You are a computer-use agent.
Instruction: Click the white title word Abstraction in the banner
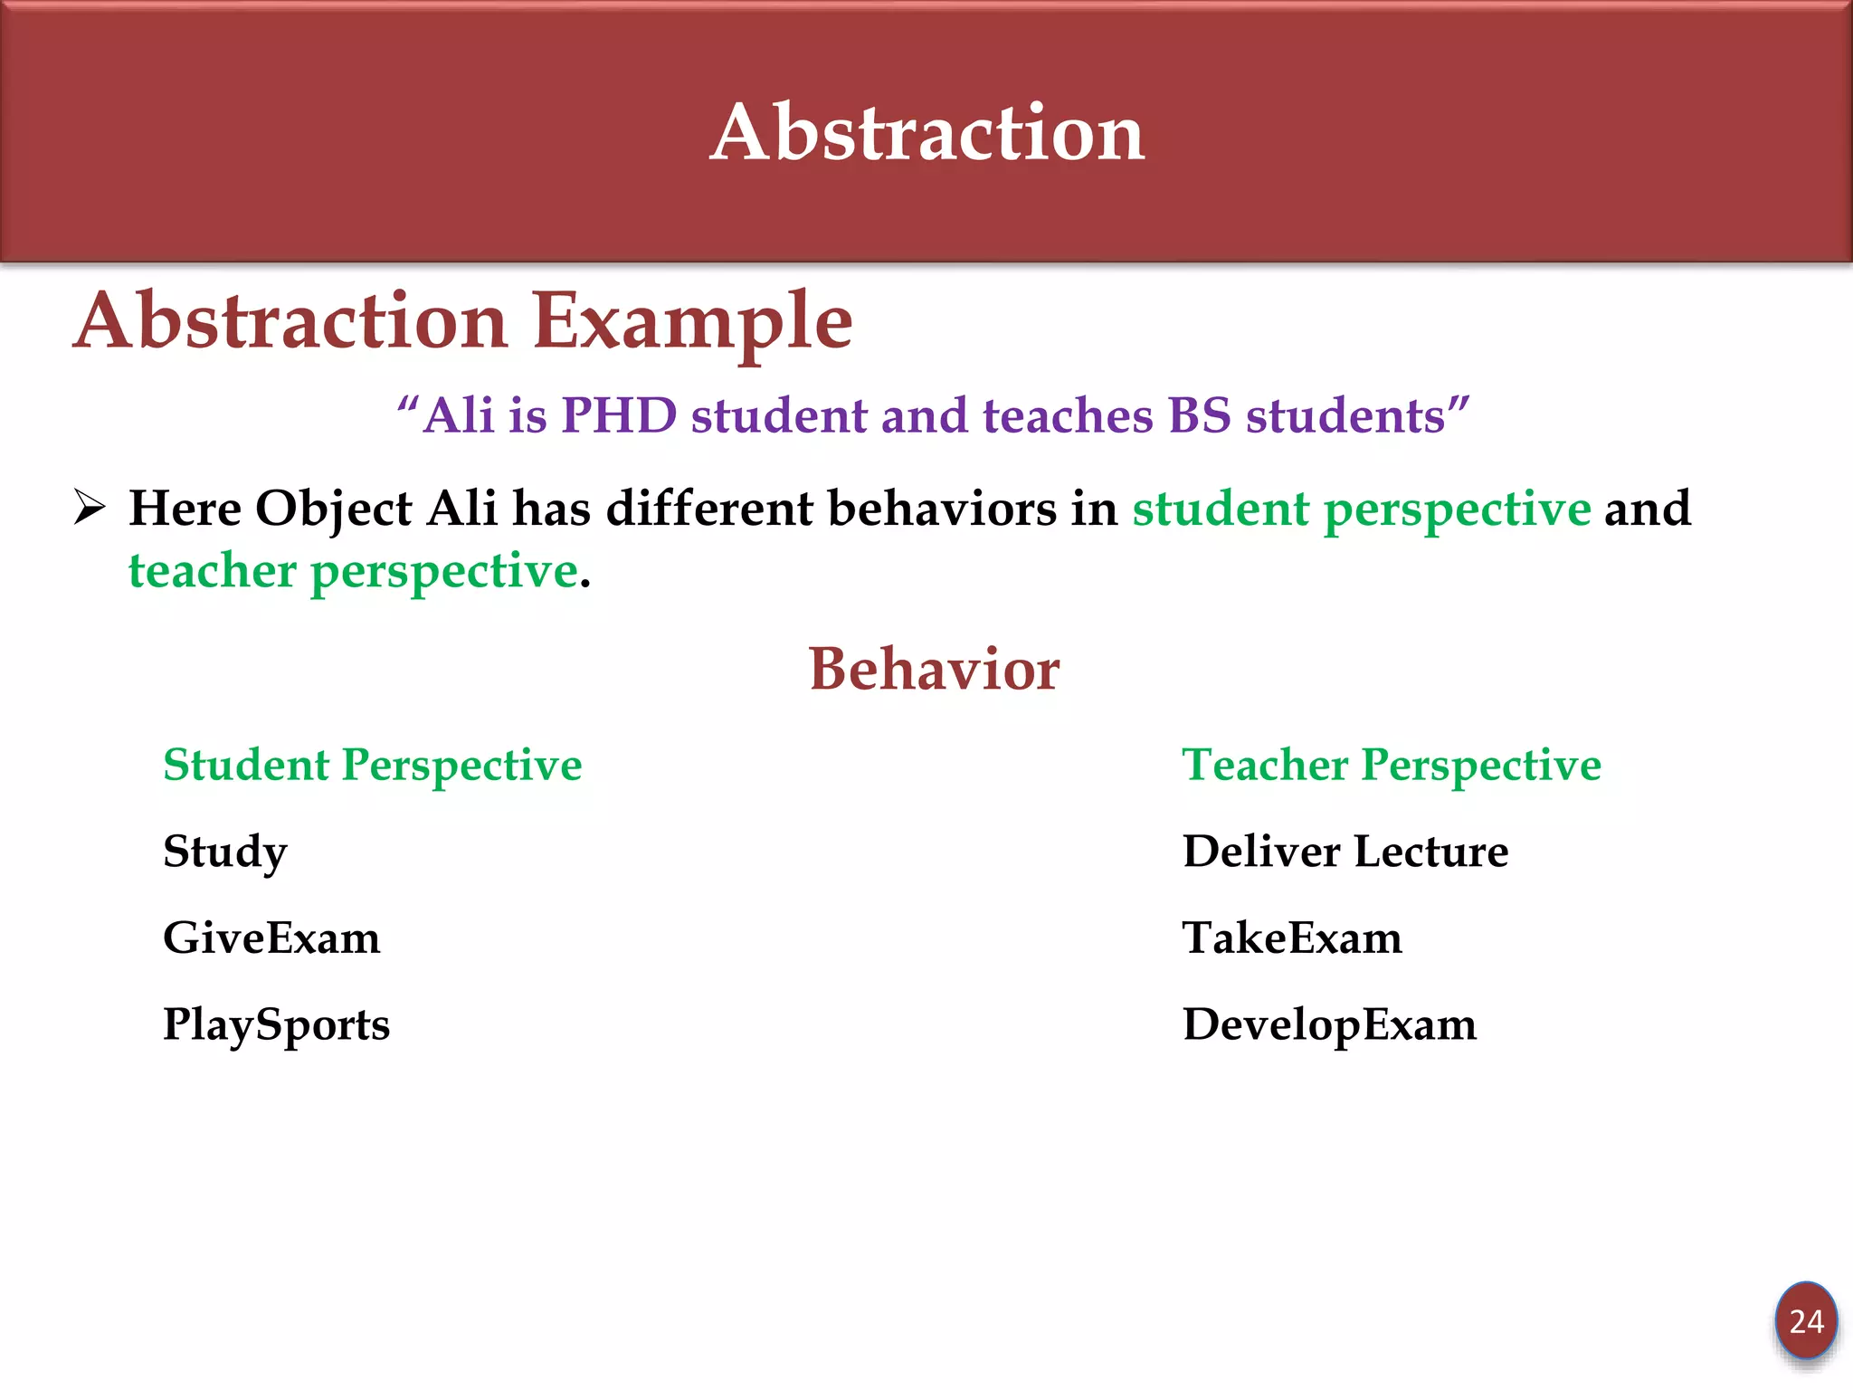pos(927,133)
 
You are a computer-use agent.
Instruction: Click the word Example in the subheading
pos(692,321)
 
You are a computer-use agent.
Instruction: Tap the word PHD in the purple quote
pos(619,416)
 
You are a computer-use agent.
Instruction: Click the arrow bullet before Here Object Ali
pos(90,507)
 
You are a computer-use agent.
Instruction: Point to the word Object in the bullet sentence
pos(334,509)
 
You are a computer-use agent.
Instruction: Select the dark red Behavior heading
pos(933,670)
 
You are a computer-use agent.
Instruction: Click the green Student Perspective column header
pos(372,766)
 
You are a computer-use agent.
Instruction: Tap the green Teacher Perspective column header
pos(1392,766)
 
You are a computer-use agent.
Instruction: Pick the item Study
pos(225,852)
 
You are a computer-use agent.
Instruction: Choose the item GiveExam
pos(271,938)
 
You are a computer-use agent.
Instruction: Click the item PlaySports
pos(276,1025)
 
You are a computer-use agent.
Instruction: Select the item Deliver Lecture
pos(1345,852)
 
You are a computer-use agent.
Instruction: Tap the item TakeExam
pos(1292,938)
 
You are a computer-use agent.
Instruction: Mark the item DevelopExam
pos(1329,1025)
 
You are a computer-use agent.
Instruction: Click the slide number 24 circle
pos(1806,1321)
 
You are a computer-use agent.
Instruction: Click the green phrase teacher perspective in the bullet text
pos(353,571)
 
